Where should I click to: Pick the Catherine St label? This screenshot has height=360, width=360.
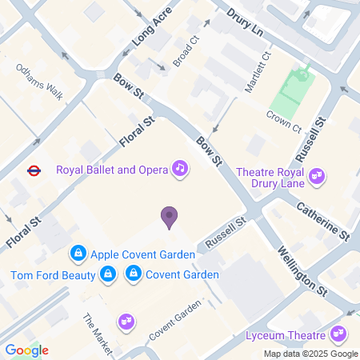coord(322,222)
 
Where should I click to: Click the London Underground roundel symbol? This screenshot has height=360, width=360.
coord(34,170)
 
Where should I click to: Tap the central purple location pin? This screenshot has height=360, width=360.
coord(169,217)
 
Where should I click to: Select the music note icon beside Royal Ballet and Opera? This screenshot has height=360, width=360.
coord(181,169)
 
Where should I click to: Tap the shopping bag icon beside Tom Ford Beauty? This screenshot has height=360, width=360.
coord(108,275)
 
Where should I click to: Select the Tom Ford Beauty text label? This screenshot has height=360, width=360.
coord(53,276)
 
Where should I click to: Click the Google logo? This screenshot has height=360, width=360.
coord(26,350)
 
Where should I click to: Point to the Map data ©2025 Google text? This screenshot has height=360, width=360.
coord(310,354)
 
